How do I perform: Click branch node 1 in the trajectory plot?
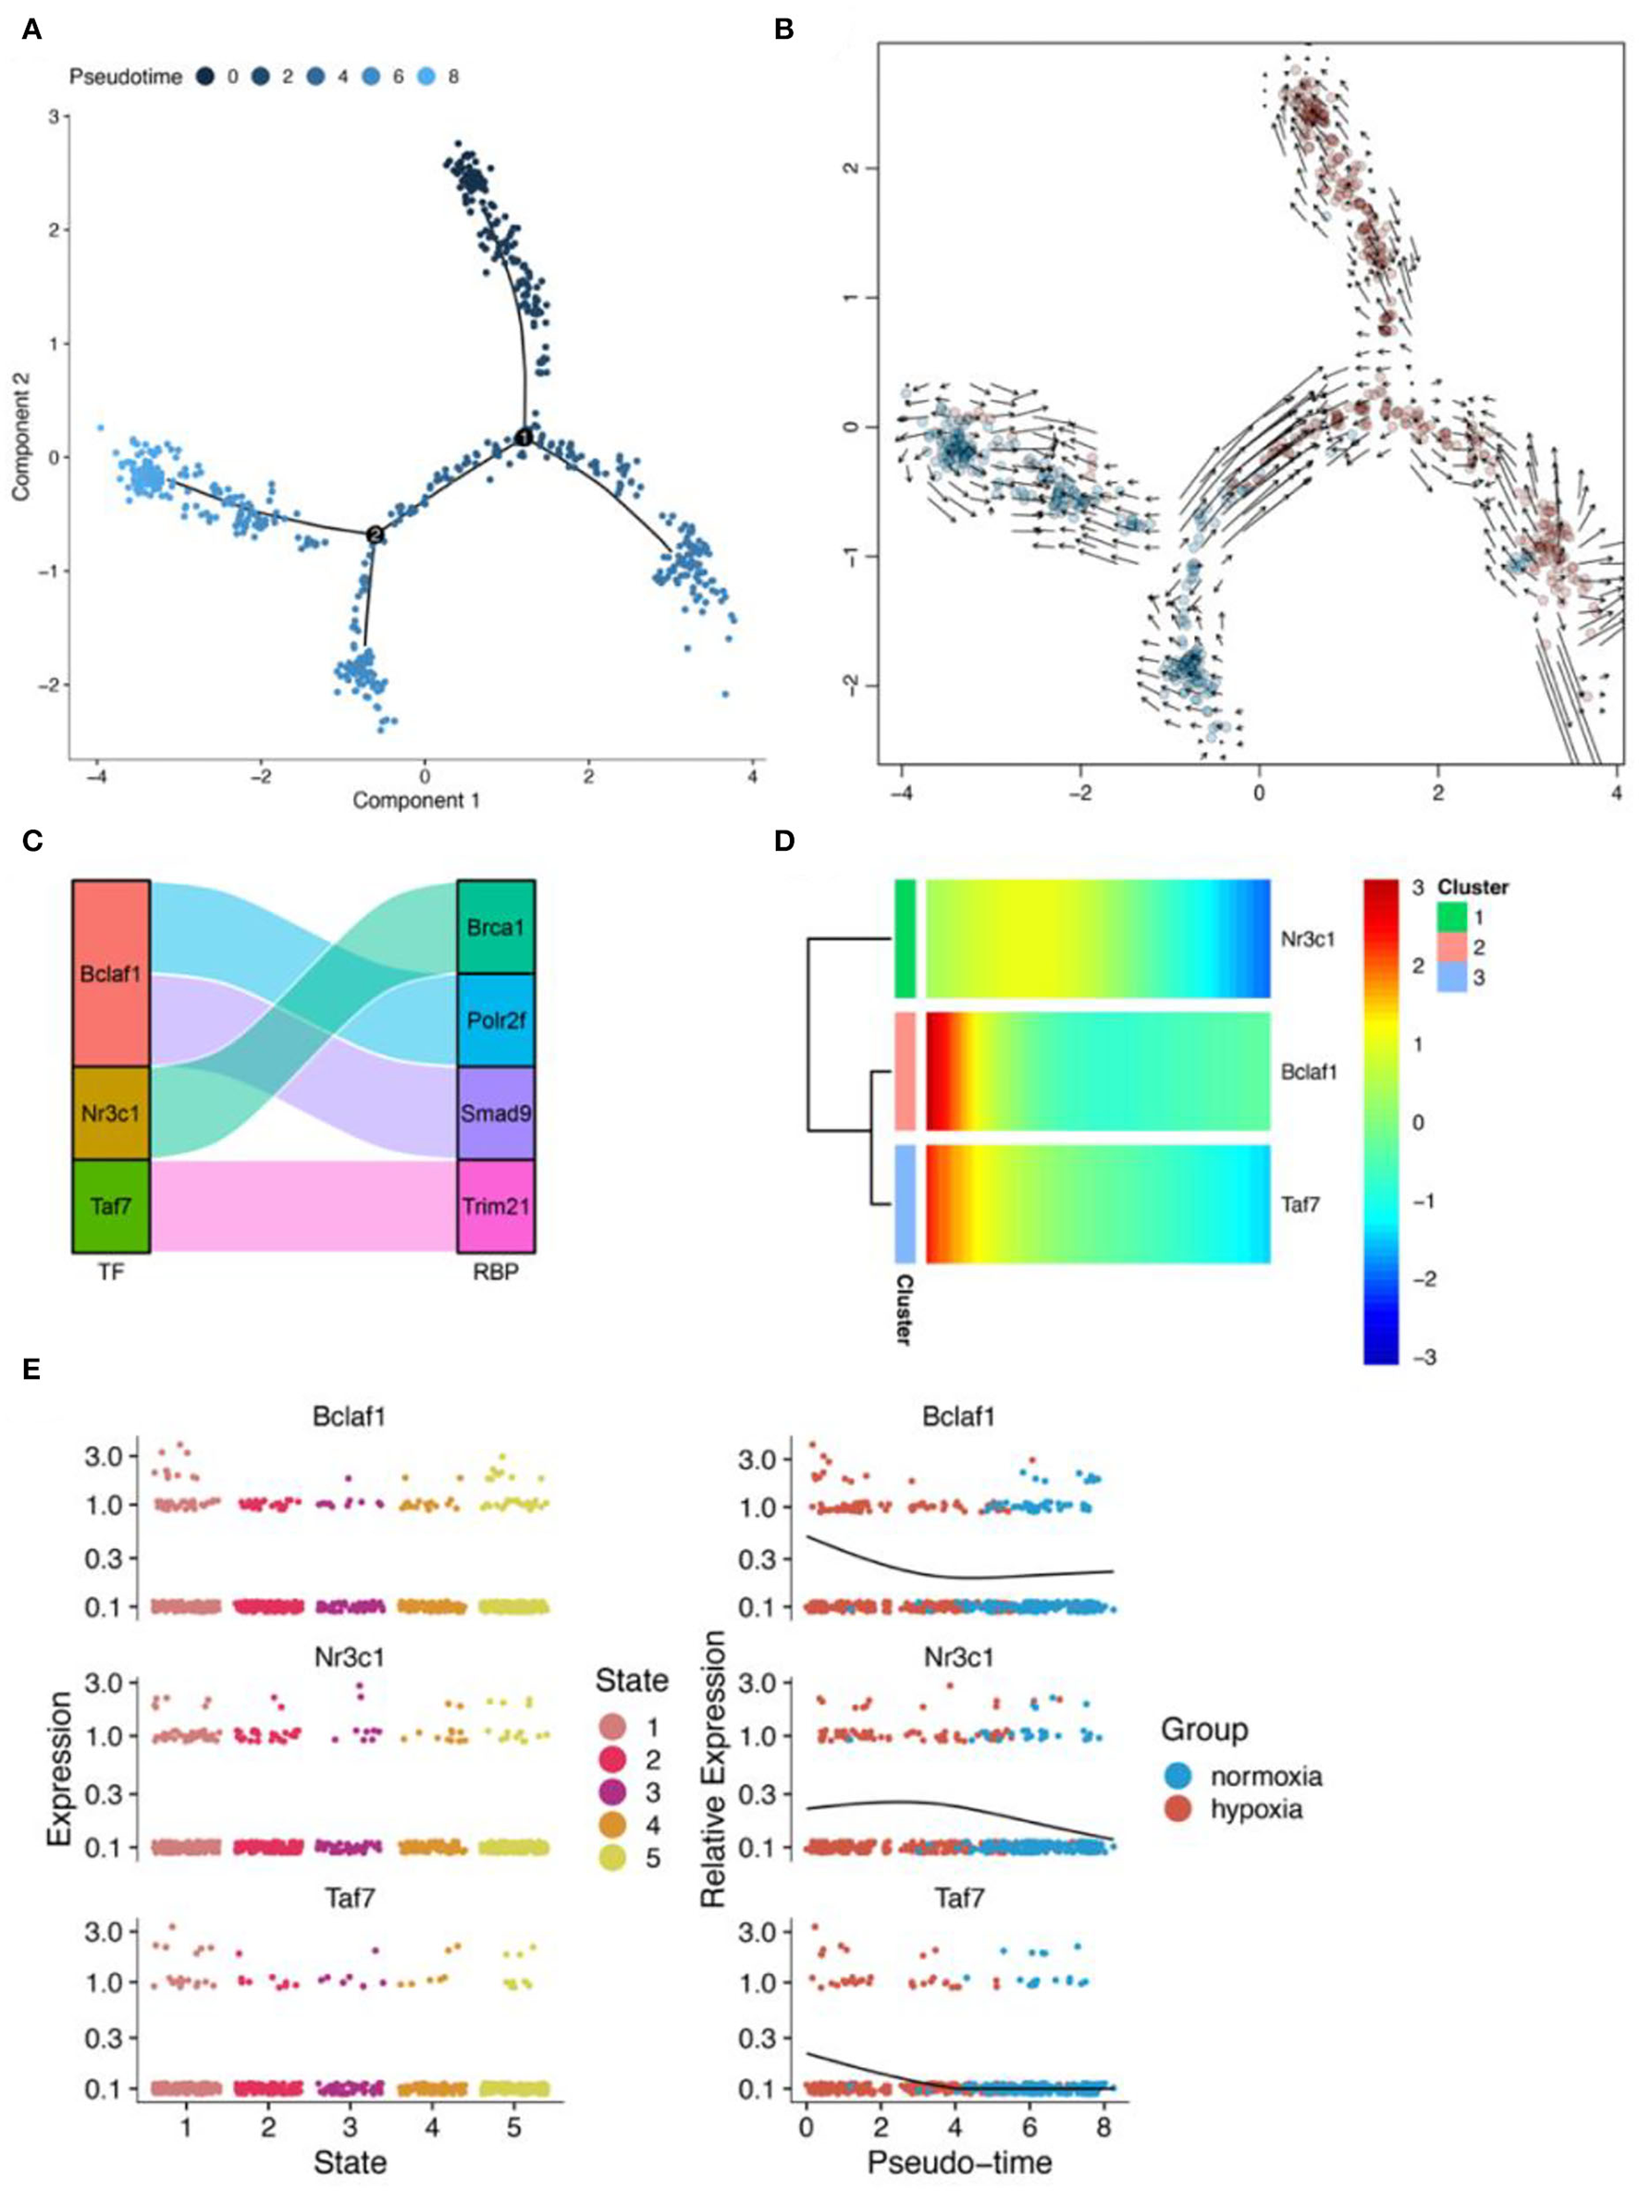tap(524, 437)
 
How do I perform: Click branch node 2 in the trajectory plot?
tap(375, 534)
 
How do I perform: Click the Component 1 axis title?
tap(416, 800)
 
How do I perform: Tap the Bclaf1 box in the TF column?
tap(111, 974)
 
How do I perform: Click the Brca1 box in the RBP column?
tap(495, 927)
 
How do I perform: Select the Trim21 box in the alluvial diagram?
tap(495, 1206)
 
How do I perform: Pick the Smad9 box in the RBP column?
tap(495, 1114)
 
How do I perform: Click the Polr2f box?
tap(495, 1020)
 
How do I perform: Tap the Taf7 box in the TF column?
tap(111, 1206)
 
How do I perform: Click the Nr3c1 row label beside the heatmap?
tap(1307, 939)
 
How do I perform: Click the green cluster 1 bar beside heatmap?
tap(905, 938)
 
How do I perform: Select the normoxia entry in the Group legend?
tap(1248, 1775)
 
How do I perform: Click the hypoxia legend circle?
tap(1177, 1810)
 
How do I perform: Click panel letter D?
tap(783, 841)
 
